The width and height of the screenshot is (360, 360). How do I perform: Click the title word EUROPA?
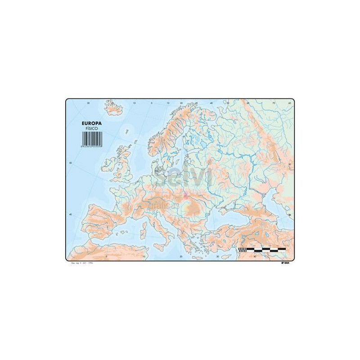(x=91, y=122)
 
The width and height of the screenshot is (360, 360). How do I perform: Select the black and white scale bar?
(x=262, y=249)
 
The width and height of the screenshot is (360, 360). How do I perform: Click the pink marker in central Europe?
(x=186, y=196)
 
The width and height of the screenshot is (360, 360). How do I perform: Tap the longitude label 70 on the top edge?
(x=273, y=103)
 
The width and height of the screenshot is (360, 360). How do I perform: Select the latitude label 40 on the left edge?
(x=70, y=215)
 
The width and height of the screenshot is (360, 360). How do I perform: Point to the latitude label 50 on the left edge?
(x=70, y=162)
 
